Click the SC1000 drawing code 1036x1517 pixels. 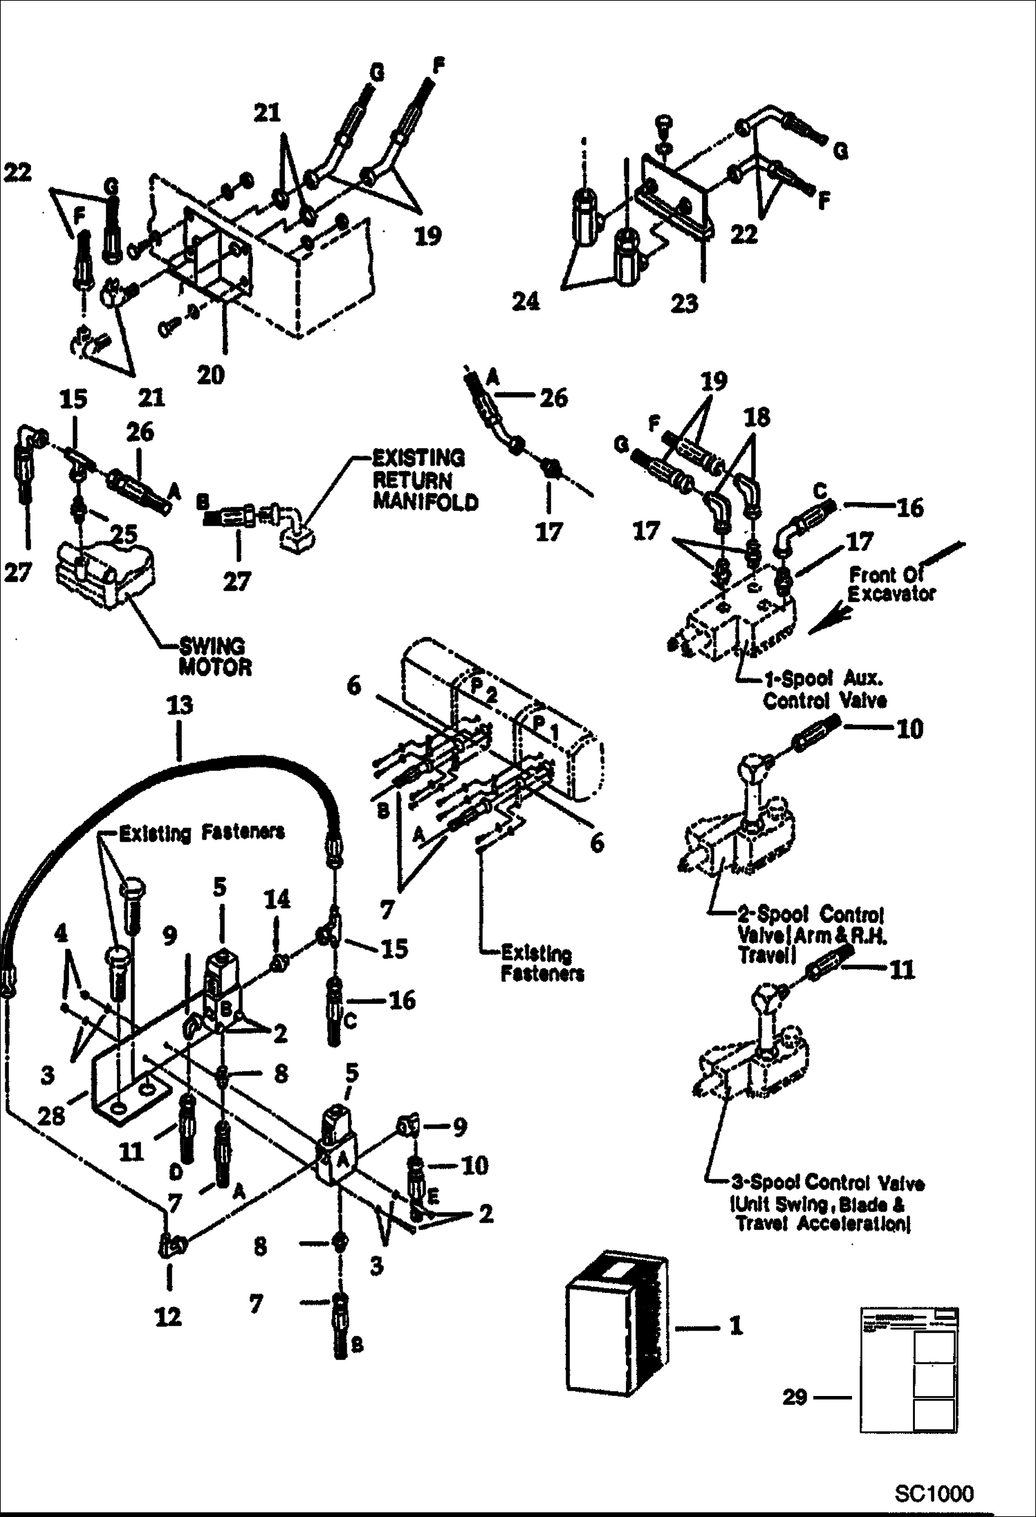pos(934,1493)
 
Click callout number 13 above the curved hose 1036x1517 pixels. pos(179,707)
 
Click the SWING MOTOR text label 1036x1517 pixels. pos(213,657)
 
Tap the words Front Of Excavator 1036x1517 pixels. pos(891,584)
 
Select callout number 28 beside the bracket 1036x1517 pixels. pos(50,1115)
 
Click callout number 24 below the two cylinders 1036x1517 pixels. pos(525,301)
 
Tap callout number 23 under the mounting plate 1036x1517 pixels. pos(684,303)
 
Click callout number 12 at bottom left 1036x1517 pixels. pos(167,1316)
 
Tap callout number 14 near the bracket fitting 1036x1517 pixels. pos(277,900)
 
